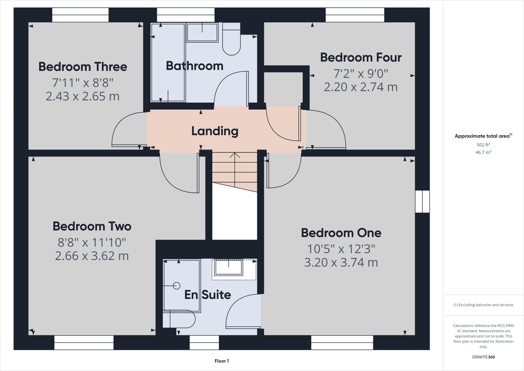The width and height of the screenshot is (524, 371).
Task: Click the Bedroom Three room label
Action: tap(83, 67)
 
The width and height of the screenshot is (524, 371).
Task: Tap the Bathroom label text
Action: tap(194, 66)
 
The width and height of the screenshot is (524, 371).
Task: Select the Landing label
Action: tap(215, 131)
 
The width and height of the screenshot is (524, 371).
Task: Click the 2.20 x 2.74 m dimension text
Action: tap(361, 87)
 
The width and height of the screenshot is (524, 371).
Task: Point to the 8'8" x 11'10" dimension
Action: tap(92, 242)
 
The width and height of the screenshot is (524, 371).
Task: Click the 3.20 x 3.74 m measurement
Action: tap(341, 262)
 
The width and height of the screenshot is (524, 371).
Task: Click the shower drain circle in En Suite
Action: tap(177, 285)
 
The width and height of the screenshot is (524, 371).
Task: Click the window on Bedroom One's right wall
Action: tap(422, 201)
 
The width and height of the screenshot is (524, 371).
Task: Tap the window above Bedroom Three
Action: tap(80, 15)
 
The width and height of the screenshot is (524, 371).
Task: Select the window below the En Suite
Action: tap(204, 342)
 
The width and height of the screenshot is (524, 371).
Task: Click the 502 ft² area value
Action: tap(483, 145)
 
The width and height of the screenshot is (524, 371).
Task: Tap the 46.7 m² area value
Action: tap(483, 152)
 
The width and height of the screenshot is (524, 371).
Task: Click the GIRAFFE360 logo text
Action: tap(483, 357)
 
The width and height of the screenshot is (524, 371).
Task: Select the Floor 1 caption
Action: tap(222, 361)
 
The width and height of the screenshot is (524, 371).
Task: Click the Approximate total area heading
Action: tap(483, 136)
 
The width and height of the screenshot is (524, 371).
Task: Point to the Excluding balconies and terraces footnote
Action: tap(483, 305)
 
